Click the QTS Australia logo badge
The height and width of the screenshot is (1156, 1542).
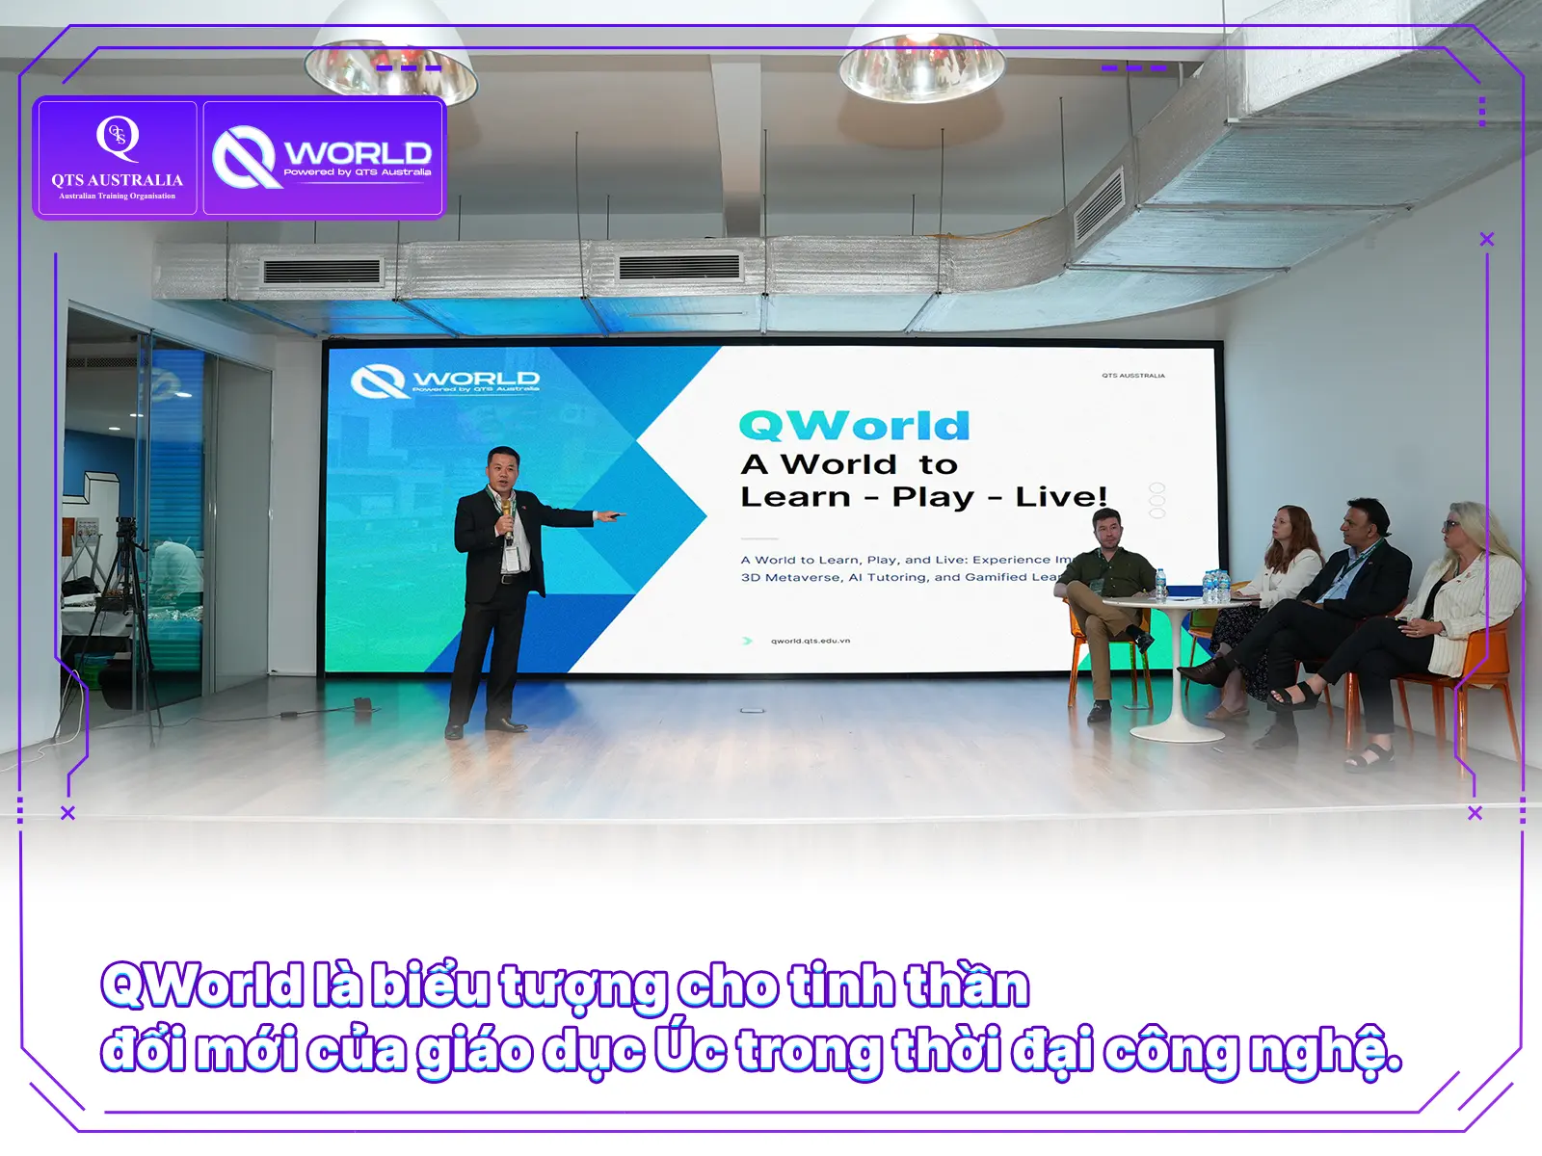(117, 157)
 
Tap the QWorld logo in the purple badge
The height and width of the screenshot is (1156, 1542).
(323, 157)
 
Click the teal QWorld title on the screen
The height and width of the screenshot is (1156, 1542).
(854, 425)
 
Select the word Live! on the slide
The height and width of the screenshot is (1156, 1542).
(1060, 497)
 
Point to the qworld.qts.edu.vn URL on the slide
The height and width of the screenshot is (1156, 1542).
(810, 641)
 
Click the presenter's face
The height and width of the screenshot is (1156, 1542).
(504, 469)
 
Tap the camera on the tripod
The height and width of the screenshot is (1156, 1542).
(125, 530)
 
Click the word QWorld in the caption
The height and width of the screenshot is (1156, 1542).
(202, 985)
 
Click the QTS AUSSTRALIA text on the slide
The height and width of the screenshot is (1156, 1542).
(1133, 376)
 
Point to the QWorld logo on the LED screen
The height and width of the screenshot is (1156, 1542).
(445, 381)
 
